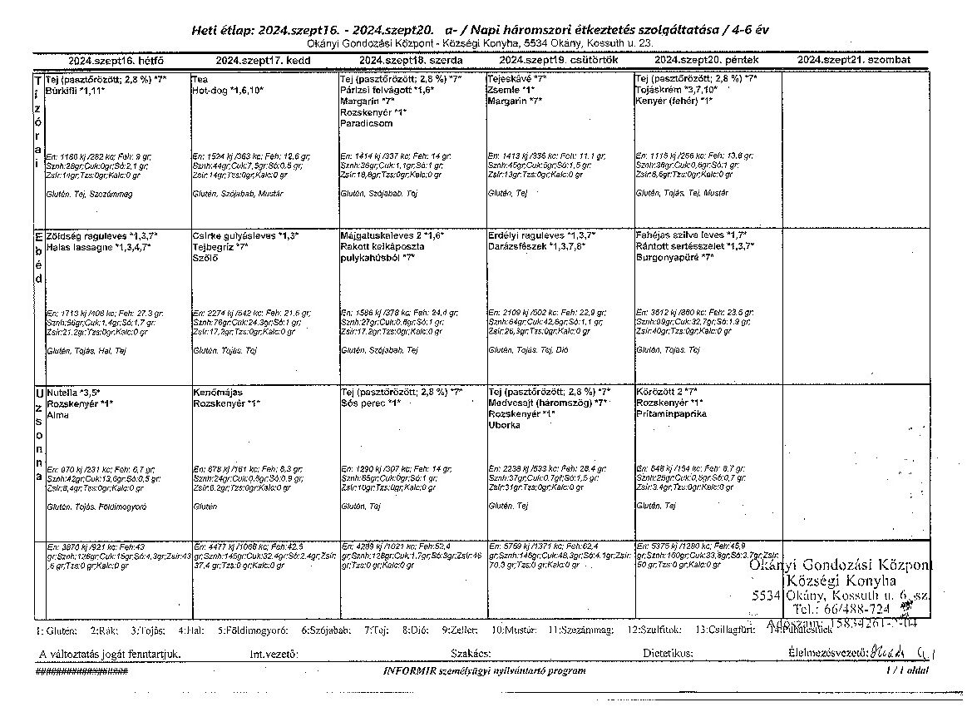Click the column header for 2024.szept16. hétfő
(x=116, y=61)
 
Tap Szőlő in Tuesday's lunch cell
(x=205, y=258)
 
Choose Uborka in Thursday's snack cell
(x=505, y=424)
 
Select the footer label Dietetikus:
(x=668, y=654)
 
